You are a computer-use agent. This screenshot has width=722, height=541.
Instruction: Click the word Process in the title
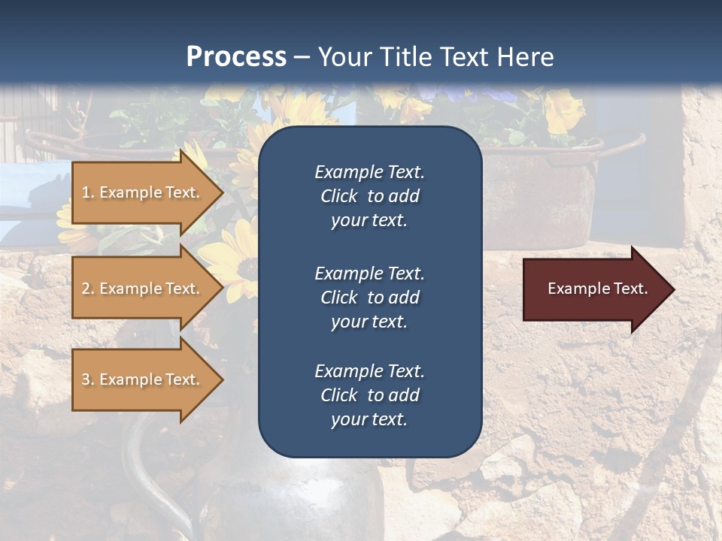(x=236, y=57)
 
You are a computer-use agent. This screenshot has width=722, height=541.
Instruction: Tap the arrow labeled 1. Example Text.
(x=143, y=192)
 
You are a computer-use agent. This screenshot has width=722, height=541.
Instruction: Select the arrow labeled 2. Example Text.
(x=143, y=289)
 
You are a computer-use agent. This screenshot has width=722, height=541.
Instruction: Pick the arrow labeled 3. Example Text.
(x=143, y=379)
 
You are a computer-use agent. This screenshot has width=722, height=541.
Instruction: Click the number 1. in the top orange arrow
(x=88, y=192)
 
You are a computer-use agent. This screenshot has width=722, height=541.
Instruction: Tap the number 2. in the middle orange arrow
(x=88, y=289)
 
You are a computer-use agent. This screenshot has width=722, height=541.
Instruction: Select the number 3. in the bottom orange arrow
(x=88, y=379)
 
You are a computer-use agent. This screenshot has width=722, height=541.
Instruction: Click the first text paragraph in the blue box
(x=369, y=196)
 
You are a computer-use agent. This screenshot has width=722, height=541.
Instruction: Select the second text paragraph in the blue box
(x=369, y=297)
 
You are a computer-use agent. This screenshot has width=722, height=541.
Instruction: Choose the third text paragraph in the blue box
(x=369, y=395)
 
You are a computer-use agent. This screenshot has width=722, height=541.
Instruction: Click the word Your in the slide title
(x=344, y=57)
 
